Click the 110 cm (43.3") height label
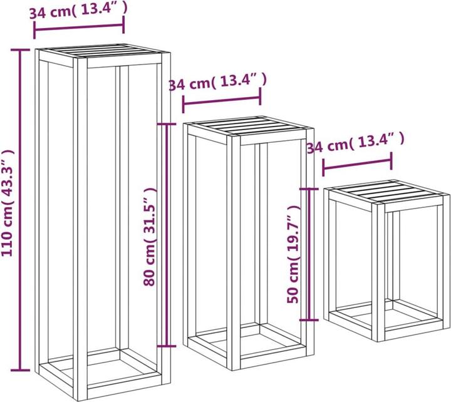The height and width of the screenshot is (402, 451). (x=8, y=203)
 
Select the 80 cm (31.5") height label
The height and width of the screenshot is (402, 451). (x=150, y=237)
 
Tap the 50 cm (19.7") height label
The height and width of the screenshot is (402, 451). (x=293, y=254)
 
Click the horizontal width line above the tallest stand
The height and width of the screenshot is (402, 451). (x=79, y=28)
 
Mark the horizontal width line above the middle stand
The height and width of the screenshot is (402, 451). (x=222, y=100)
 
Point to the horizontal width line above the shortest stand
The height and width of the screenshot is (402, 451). (x=357, y=164)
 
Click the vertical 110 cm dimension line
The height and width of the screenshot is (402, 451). (x=20, y=210)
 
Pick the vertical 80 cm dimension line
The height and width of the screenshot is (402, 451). (x=167, y=235)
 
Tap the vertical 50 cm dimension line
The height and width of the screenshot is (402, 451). (x=309, y=254)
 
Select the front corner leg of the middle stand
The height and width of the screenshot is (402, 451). (x=233, y=252)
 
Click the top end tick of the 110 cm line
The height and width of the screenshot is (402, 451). (x=20, y=50)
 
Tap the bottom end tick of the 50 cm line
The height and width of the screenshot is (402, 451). (x=309, y=319)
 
